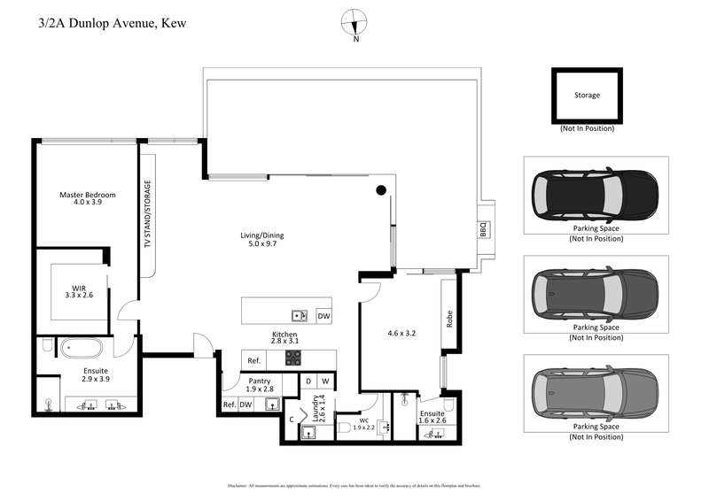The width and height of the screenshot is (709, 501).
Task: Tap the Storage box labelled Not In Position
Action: [x=587, y=96]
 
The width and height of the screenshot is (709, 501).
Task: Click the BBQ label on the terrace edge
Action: [x=483, y=228]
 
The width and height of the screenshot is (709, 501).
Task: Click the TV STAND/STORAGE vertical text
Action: [x=148, y=215]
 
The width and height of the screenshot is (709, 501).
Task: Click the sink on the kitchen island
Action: [x=300, y=315]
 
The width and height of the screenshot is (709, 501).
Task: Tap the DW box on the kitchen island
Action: [x=323, y=315]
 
